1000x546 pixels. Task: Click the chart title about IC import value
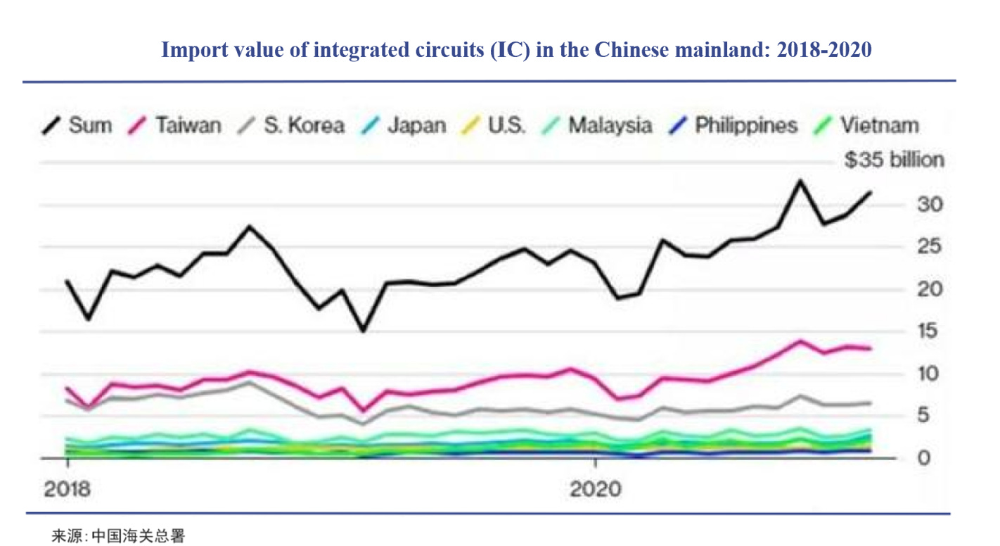517,50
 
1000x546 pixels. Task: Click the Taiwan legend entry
177,126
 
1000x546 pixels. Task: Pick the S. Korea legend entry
293,126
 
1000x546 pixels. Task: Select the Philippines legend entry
735,126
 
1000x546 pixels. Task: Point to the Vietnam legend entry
869,126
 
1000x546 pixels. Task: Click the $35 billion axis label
894,160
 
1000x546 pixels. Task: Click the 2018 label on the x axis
68,489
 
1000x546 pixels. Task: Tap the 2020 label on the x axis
596,489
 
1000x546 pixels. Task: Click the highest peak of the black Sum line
800,181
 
